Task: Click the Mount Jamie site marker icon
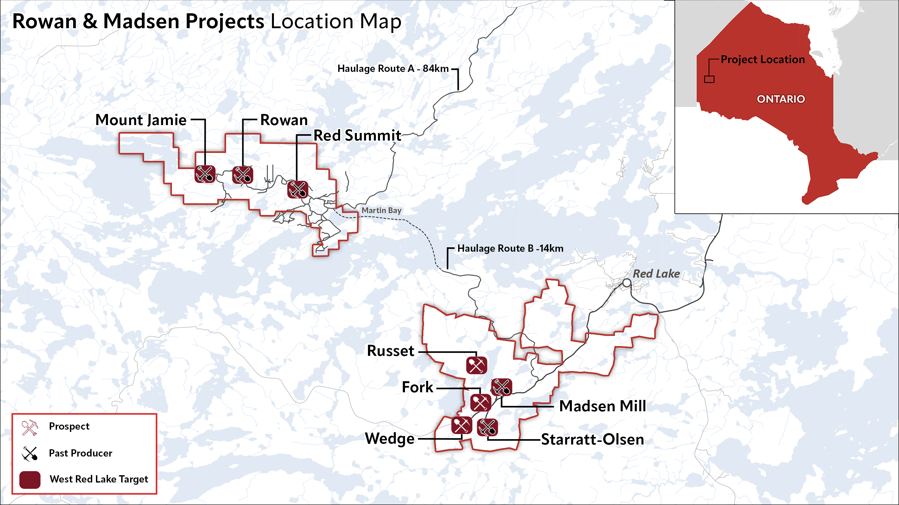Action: point(205,174)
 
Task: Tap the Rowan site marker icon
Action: point(243,174)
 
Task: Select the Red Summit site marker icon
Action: point(298,190)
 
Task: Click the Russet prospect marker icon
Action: point(476,365)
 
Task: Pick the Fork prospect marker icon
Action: point(481,402)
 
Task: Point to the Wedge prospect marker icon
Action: point(461,425)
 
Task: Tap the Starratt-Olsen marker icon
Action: point(487,427)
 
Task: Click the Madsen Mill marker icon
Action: point(502,387)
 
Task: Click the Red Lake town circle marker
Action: point(627,283)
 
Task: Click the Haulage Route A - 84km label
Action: point(393,68)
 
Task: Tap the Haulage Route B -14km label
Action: point(510,249)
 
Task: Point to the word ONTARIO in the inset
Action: point(781,99)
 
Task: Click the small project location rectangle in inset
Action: point(709,79)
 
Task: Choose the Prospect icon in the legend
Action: point(30,427)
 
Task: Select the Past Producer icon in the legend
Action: point(30,453)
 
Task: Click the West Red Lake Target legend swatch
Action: point(30,480)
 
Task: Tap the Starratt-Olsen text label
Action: point(592,439)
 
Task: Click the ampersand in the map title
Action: point(90,21)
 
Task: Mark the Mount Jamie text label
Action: point(141,120)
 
